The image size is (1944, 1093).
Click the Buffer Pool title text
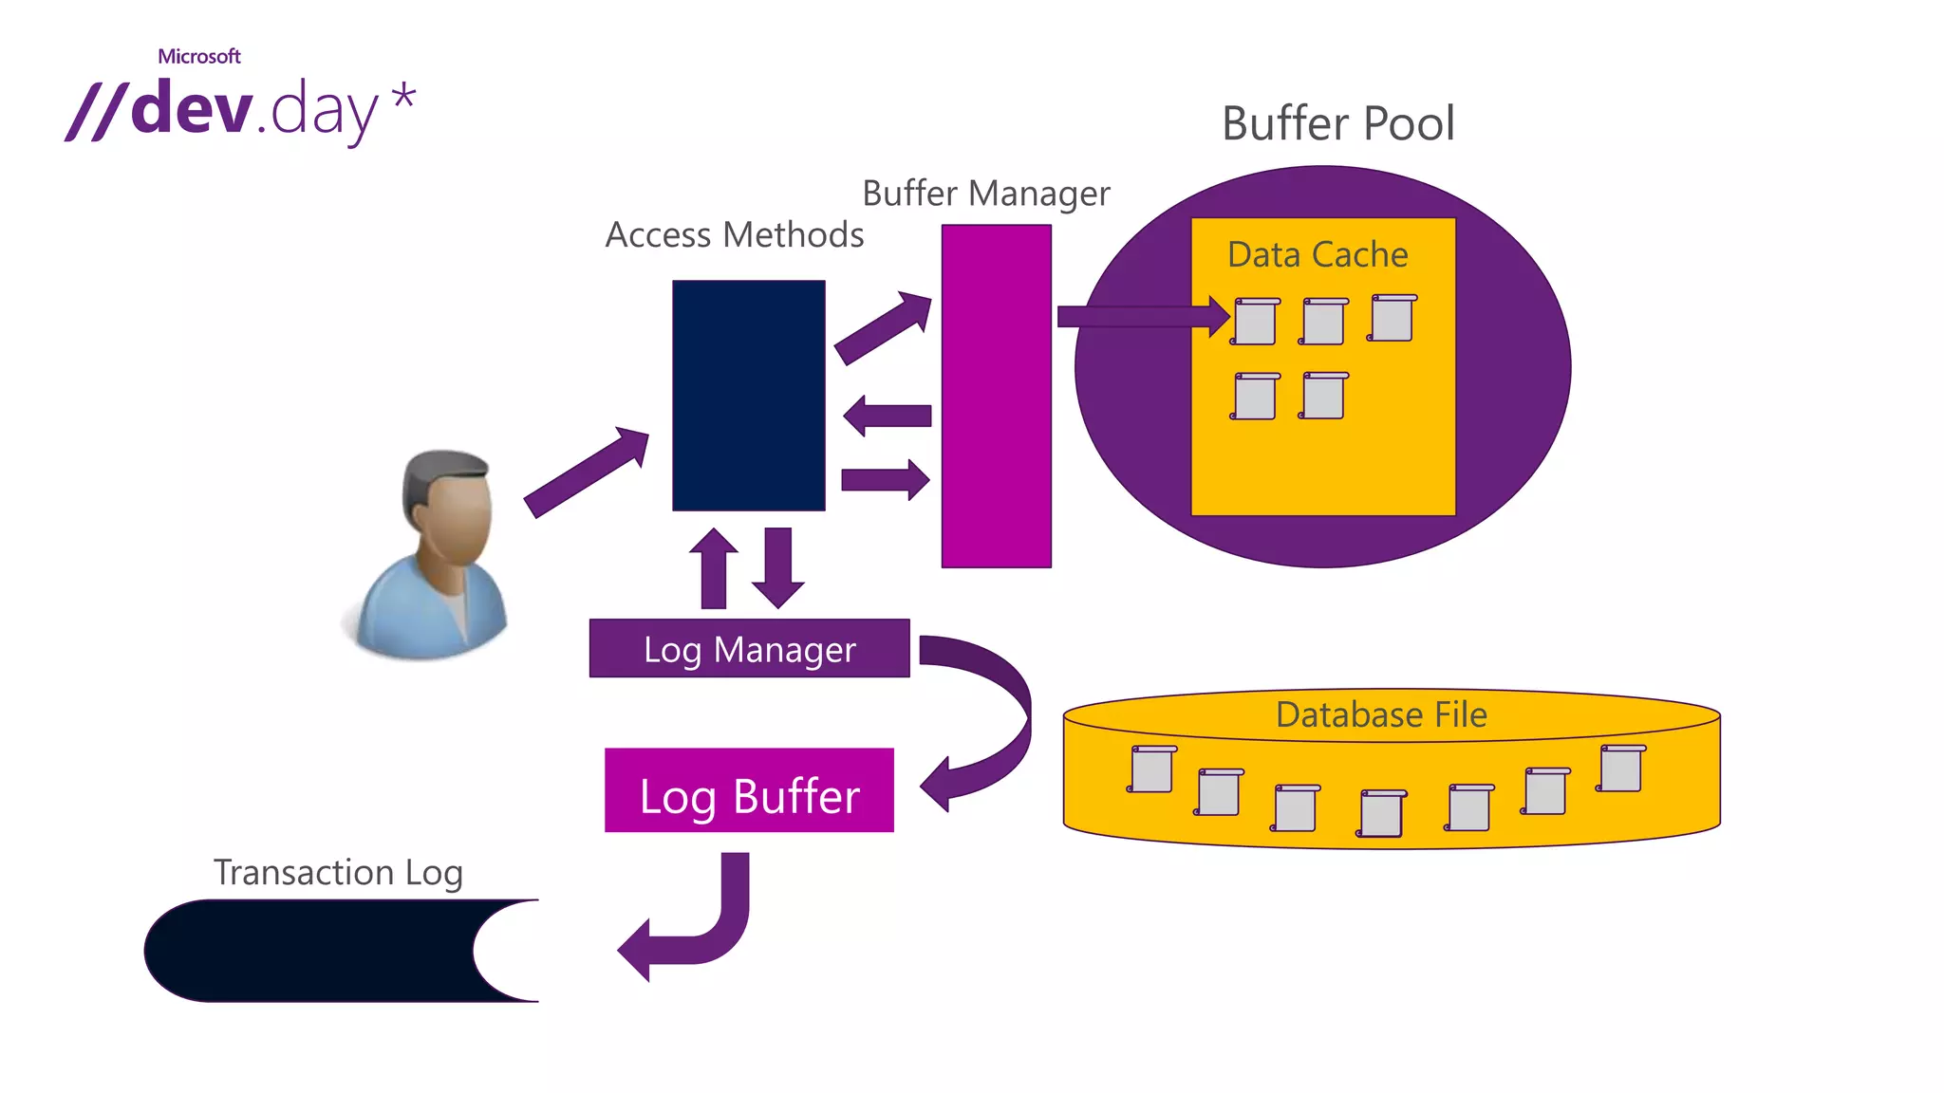[1337, 123]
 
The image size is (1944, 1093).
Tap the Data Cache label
[1318, 254]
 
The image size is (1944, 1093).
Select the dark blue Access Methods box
[748, 395]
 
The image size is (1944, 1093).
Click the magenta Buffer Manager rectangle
[996, 396]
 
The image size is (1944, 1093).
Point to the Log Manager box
[749, 649]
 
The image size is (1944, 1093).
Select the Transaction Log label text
[338, 872]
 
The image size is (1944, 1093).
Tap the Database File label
[1381, 714]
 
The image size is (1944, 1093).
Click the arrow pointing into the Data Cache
[1139, 316]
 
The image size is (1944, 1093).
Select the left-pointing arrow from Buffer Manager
[888, 416]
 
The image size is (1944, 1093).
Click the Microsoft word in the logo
[198, 56]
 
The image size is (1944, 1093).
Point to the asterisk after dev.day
[403, 97]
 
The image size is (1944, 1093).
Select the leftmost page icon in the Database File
[1151, 769]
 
